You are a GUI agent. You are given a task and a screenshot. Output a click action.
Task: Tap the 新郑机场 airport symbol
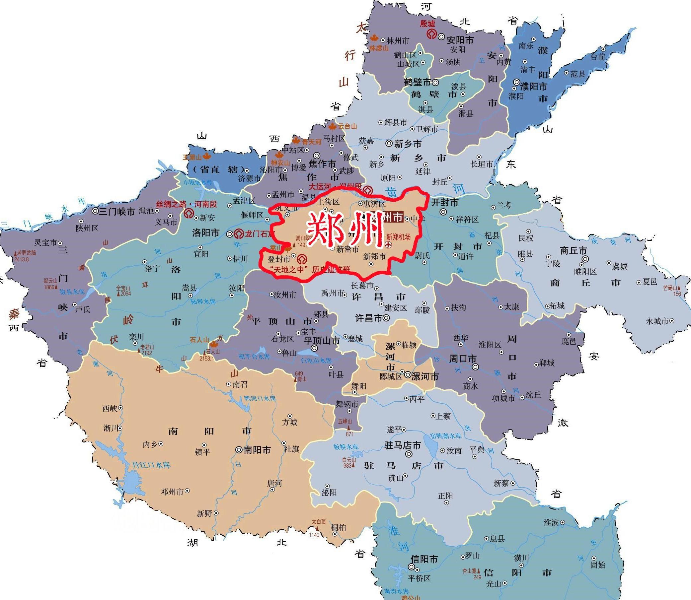pos(389,245)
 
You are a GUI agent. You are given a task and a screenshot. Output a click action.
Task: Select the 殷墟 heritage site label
pos(427,24)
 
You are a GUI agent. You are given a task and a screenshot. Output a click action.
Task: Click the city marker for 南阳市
pos(239,450)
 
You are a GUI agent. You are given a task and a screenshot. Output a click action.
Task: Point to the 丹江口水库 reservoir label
pos(151,465)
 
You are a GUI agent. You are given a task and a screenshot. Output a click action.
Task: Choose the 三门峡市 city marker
pos(95,211)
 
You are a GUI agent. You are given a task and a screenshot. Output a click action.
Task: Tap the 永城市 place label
pos(657,321)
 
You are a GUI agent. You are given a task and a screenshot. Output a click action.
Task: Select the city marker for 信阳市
pos(412,567)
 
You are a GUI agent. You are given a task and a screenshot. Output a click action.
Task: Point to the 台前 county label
pos(597,57)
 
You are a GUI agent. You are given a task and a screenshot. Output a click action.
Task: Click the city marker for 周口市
pos(475,367)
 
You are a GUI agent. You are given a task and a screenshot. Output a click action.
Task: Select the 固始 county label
pos(597,565)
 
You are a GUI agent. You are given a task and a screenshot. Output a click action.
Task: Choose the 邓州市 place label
pos(172,492)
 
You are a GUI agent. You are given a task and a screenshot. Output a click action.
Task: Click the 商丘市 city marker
pos(585,259)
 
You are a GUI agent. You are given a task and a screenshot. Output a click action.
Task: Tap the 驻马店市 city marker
pos(409,454)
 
